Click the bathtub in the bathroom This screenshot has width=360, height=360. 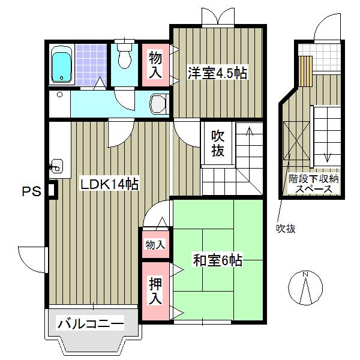pos(61,65)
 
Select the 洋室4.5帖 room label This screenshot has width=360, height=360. pos(215,74)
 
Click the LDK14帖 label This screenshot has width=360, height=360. pos(110,185)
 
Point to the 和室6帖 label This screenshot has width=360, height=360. pos(217,261)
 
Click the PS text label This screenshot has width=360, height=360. pos(31,192)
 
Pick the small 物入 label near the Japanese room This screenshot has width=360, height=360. pos(155,244)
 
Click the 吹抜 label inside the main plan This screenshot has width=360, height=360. pos(218,144)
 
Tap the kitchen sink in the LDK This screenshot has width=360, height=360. pos(57,165)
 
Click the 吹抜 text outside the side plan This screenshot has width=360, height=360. pos(286,229)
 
